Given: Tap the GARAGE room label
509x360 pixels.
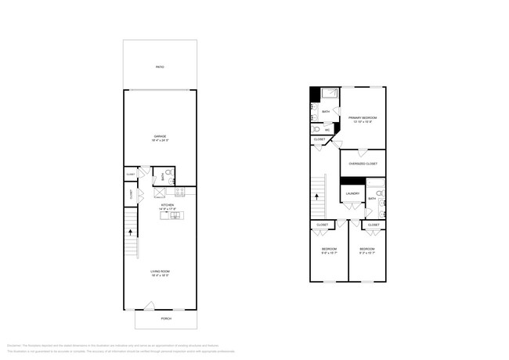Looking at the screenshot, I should [159, 140].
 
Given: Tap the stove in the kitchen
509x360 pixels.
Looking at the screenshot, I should [180, 193].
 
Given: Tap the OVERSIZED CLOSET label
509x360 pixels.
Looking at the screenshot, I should [363, 164].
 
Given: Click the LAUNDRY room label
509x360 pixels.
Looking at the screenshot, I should [352, 193].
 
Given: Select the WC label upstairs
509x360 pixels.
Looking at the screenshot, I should [327, 129].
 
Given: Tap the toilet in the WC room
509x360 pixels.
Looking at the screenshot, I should [316, 129].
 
